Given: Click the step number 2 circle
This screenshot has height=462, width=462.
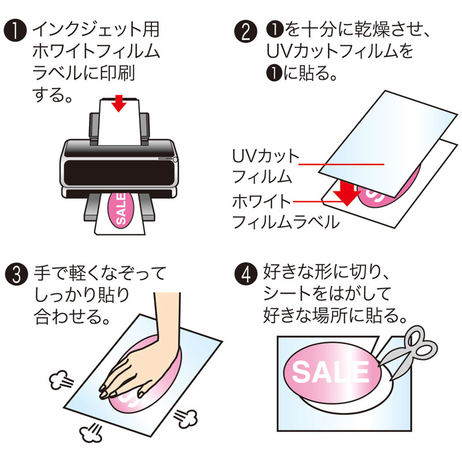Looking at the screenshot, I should coord(246,30).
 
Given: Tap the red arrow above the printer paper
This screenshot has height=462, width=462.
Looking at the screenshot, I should coord(119,103).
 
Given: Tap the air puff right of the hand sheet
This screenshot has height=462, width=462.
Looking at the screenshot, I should coord(187,415).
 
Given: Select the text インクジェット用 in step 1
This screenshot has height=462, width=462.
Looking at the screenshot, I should coord(96,29).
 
